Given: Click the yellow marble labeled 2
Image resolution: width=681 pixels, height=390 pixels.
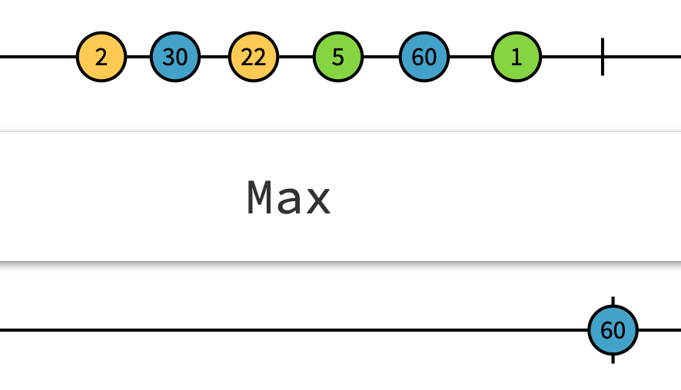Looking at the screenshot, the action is (101, 57).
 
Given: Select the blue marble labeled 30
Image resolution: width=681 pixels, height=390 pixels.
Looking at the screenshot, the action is (175, 57).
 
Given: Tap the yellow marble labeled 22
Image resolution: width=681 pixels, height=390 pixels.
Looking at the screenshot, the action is (253, 57).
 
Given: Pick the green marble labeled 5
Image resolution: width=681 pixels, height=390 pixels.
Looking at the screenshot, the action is (338, 57).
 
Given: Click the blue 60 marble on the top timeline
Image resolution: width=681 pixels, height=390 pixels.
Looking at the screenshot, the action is (424, 57).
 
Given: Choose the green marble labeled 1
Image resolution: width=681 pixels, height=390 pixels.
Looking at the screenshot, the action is (517, 57).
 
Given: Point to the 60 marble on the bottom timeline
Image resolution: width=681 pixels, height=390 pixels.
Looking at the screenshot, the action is (613, 330).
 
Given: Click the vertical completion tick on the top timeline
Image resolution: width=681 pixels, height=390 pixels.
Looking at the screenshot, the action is (603, 57).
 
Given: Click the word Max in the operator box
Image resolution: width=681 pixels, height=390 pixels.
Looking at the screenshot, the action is (288, 198).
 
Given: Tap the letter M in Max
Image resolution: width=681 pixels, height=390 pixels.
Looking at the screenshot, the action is (261, 198).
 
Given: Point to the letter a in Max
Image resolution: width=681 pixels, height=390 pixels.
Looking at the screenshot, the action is (289, 201).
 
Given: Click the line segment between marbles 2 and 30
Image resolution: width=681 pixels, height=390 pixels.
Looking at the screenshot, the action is (138, 57).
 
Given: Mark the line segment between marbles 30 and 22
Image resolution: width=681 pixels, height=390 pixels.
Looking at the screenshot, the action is (214, 57).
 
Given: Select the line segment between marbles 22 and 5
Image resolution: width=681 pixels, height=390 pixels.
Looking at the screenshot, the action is (296, 57).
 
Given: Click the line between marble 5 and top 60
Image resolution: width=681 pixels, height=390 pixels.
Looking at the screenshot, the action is (381, 57).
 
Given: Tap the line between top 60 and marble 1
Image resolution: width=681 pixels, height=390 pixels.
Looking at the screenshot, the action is (470, 57).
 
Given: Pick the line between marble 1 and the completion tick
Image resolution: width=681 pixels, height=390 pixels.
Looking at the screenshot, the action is (572, 57).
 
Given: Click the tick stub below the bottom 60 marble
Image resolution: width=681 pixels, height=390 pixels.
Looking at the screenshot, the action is (613, 359).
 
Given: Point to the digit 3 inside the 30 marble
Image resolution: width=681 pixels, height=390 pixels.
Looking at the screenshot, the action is (170, 57).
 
